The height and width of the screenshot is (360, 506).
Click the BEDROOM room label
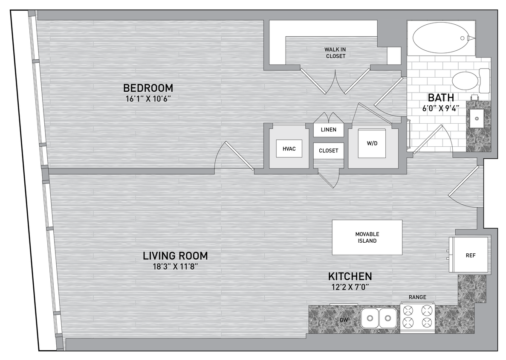[x=148, y=88]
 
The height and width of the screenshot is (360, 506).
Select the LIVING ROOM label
[x=175, y=256]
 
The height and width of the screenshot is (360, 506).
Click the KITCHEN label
[x=350, y=276]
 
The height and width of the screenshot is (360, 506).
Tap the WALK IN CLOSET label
[x=335, y=52]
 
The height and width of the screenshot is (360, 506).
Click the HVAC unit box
[x=289, y=149]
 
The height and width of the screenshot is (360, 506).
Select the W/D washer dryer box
[x=372, y=143]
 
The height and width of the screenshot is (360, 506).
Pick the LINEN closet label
[x=328, y=130]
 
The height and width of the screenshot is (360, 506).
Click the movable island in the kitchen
[x=367, y=238]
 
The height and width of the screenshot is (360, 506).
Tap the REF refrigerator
[x=470, y=255]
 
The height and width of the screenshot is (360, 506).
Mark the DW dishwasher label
[x=344, y=319]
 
